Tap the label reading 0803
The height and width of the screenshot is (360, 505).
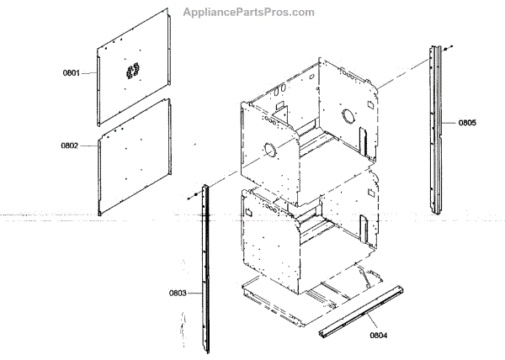click(178, 293)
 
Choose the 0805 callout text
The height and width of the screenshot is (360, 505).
click(467, 123)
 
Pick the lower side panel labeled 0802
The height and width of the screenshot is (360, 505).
click(135, 156)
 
